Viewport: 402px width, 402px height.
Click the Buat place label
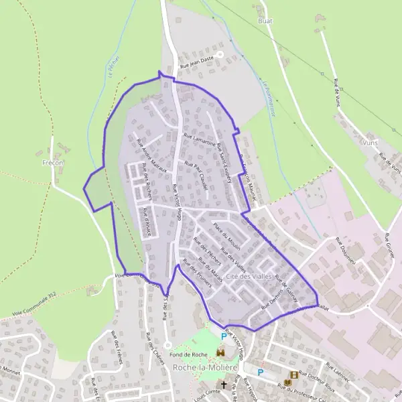coord(265,21)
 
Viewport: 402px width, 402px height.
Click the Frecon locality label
coord(53,163)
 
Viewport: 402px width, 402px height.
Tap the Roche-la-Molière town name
coord(205,367)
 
